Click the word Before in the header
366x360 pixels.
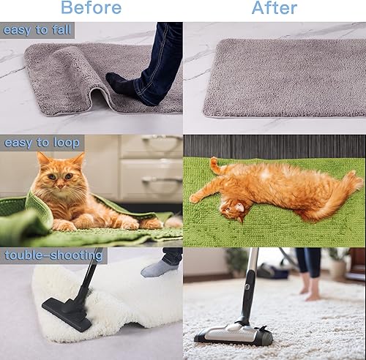pos(91,9)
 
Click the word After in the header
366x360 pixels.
pos(275,9)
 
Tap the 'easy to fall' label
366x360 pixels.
pos(37,30)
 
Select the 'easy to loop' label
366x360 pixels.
pos(42,143)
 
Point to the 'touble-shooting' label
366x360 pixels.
pos(53,255)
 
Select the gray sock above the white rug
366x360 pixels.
pos(159,269)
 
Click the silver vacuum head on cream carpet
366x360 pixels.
pos(234,335)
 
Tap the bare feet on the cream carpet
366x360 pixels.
pos(309,292)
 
